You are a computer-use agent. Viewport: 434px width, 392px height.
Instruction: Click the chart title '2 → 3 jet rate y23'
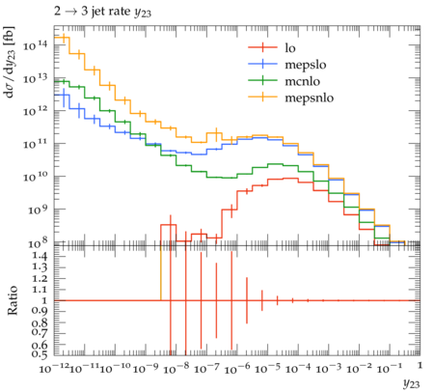pyautogui.click(x=102, y=12)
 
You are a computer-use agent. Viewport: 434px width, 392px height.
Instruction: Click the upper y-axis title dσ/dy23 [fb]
pyautogui.click(x=10, y=62)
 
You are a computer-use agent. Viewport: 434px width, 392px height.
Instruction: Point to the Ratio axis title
pyautogui.click(x=13, y=300)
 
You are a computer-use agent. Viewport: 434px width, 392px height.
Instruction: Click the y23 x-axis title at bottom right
pyautogui.click(x=411, y=384)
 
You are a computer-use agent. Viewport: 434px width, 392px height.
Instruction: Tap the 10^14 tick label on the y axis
pyautogui.click(x=35, y=45)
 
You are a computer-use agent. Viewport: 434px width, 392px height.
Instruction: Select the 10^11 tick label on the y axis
pyautogui.click(x=35, y=144)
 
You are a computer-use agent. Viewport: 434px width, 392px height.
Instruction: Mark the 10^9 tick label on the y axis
pyautogui.click(x=38, y=210)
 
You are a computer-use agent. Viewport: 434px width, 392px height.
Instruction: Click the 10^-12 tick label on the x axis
pyautogui.click(x=54, y=368)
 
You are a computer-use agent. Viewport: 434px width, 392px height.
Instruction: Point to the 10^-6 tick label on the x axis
pyautogui.click(x=237, y=368)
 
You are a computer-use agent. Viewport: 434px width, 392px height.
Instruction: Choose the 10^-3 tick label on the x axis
pyautogui.click(x=329, y=368)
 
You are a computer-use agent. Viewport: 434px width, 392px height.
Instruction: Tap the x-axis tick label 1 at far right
pyautogui.click(x=420, y=366)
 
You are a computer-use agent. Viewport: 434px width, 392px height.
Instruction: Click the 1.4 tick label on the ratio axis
pyautogui.click(x=40, y=257)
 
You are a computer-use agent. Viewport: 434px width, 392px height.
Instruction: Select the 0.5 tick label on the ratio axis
pyautogui.click(x=40, y=354)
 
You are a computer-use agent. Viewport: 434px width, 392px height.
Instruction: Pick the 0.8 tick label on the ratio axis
pyautogui.click(x=40, y=322)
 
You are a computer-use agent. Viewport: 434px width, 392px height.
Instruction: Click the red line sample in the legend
pyautogui.click(x=262, y=47)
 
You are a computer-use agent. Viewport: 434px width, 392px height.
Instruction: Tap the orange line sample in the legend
pyautogui.click(x=262, y=97)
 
